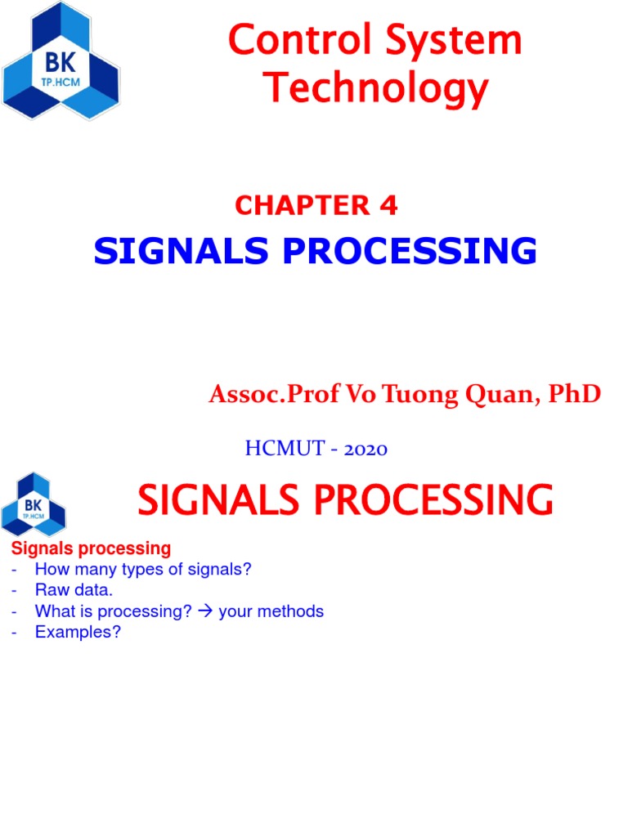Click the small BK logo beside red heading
coord(34,504)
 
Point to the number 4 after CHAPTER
coord(388,206)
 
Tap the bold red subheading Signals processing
coord(90,548)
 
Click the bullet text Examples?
coord(78,633)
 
